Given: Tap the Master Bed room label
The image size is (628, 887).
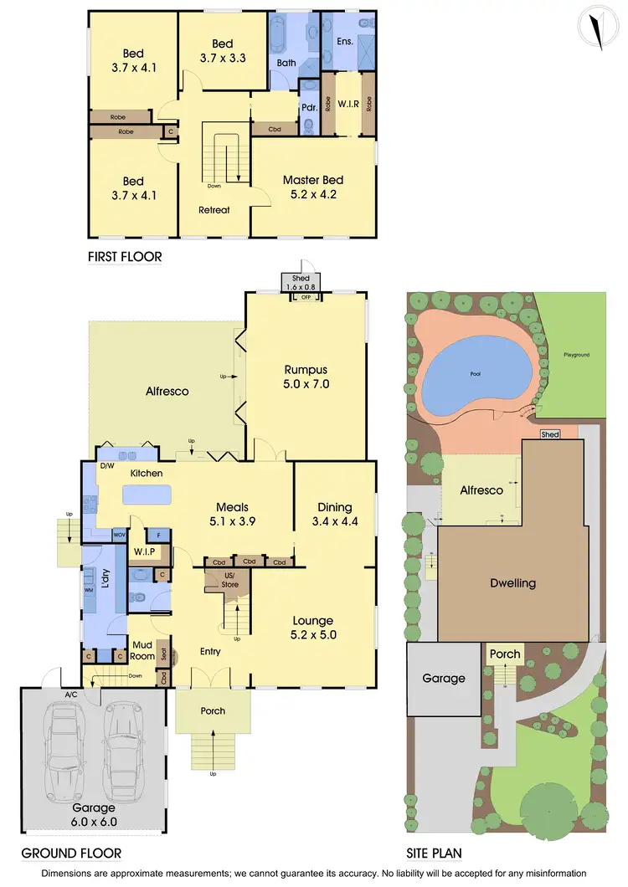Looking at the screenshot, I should point(313,187).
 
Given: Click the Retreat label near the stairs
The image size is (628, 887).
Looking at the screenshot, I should point(214,210).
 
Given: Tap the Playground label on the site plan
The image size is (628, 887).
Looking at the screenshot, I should point(576,355).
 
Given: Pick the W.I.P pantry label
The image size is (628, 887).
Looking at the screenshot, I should point(142,551).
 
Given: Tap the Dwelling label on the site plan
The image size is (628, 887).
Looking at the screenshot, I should point(512,583).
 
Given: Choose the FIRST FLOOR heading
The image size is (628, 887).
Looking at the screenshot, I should point(125,257).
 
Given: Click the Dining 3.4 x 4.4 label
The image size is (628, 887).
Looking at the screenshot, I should point(335,514).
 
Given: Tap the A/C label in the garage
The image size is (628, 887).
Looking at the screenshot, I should point(71,694).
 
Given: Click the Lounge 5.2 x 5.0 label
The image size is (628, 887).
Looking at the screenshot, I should point(313,628).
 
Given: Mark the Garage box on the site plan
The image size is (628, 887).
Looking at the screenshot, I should point(443,679).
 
